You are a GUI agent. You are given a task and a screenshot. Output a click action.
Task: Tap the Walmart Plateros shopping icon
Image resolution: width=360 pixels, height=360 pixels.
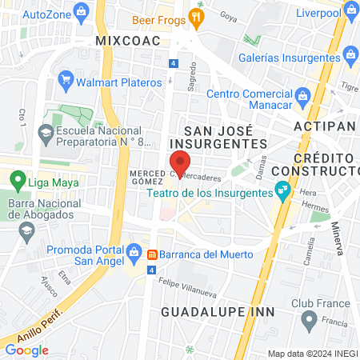[x=66, y=81]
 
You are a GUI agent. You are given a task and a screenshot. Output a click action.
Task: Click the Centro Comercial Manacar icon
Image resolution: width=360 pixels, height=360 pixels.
[x=302, y=97]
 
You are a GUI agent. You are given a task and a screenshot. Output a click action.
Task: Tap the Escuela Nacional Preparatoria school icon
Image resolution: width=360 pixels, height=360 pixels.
[x=46, y=132]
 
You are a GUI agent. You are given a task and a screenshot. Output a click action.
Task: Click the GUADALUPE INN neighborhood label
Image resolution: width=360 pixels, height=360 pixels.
[x=218, y=310]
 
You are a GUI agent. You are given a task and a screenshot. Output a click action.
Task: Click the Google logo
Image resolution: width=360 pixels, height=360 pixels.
[x=26, y=350]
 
